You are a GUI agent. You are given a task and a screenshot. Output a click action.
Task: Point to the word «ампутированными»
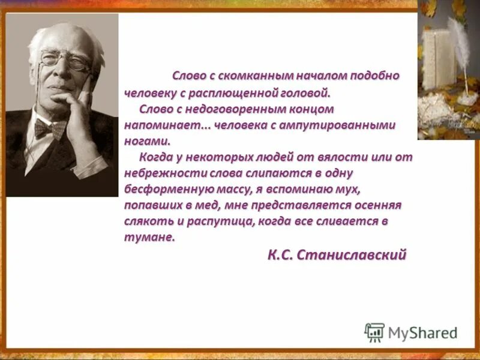348,126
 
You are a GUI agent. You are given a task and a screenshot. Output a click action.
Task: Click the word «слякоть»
143,221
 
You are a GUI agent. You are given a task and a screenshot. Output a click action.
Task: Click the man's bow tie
50,127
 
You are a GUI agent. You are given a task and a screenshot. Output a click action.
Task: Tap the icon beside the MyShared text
374,332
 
